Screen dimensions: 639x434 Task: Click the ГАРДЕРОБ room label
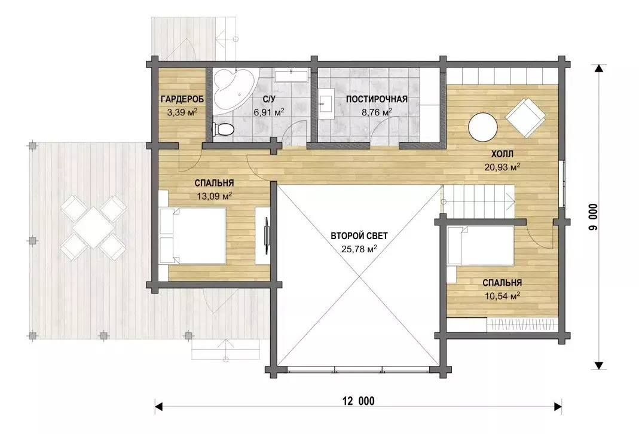(182, 99)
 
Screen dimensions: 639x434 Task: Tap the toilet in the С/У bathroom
(222, 129)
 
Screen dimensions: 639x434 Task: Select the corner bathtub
(233, 89)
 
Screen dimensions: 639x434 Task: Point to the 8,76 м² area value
(377, 112)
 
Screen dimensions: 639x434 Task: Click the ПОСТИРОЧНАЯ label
(377, 99)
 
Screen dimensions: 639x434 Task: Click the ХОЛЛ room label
(502, 154)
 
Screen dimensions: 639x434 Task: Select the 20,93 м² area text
(502, 167)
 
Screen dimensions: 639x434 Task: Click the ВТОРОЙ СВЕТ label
(359, 236)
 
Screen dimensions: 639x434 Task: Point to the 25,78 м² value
(359, 249)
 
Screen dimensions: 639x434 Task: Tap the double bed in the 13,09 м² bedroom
(192, 236)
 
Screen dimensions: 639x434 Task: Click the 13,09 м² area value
(215, 196)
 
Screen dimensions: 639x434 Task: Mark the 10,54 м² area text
(502, 296)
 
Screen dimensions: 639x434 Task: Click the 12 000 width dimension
(359, 401)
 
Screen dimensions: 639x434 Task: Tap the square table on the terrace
(93, 227)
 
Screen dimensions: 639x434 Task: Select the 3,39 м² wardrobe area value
(182, 112)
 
